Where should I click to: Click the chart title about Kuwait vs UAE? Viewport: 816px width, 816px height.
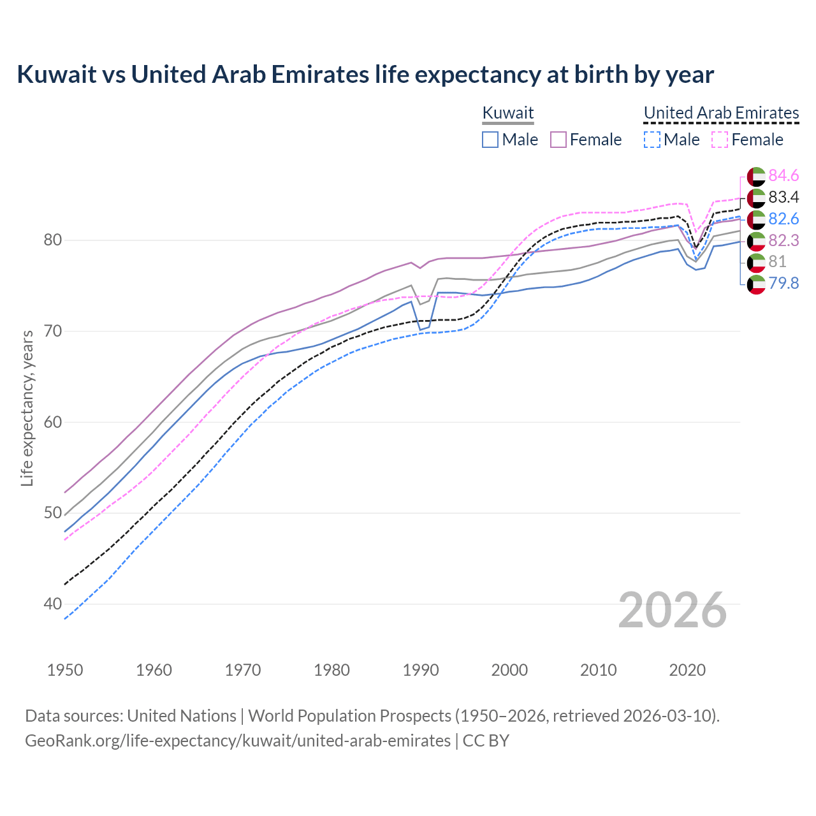[365, 75]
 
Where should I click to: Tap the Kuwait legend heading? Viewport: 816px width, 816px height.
[507, 113]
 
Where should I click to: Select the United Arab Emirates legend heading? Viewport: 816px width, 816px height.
[721, 113]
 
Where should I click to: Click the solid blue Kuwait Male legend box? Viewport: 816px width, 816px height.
[490, 140]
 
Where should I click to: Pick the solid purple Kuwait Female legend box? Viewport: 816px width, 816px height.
[558, 140]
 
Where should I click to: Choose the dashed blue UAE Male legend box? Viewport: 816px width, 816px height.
[652, 140]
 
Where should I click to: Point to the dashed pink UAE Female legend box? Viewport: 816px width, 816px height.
[719, 140]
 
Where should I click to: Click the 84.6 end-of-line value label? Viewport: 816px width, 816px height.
[783, 175]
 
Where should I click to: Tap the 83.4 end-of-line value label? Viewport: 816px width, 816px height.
[783, 197]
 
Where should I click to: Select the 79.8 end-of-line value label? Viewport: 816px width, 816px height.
[783, 283]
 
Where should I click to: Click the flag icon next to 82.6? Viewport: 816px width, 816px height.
[756, 219]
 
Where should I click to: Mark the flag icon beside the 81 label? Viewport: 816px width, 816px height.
[756, 261]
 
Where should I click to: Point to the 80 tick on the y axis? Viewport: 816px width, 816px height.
[53, 240]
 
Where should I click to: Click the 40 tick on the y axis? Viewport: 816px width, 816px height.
[53, 604]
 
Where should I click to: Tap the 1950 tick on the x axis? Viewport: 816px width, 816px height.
[65, 670]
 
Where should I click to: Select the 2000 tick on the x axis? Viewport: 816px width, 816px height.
[509, 670]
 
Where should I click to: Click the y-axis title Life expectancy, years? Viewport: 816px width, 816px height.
[27, 408]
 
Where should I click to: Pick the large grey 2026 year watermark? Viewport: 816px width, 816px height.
[672, 610]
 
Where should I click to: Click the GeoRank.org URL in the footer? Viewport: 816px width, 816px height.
[237, 741]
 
